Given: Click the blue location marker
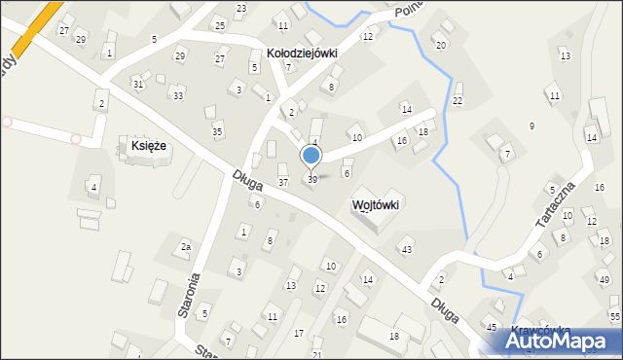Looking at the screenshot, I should coord(311,155).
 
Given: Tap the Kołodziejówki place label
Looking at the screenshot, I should coord(302,54).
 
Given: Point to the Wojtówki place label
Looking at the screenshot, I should coord(376,205).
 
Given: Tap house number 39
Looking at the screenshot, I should coord(312,180).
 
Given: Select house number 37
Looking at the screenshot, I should coord(283,182).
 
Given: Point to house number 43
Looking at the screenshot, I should coord(407,250).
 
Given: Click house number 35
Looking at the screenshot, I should coord(217,131).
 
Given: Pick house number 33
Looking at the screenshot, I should coord(177,95).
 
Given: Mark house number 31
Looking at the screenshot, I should coord(138,85).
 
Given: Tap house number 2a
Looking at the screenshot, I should coord(185,247).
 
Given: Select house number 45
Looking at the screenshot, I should coord(492,327).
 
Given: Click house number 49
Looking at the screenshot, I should coord(605,280).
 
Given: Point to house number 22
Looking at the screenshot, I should coord(458,101).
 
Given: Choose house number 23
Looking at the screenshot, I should coord(240,8).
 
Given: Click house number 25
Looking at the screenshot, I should coord(220,24).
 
